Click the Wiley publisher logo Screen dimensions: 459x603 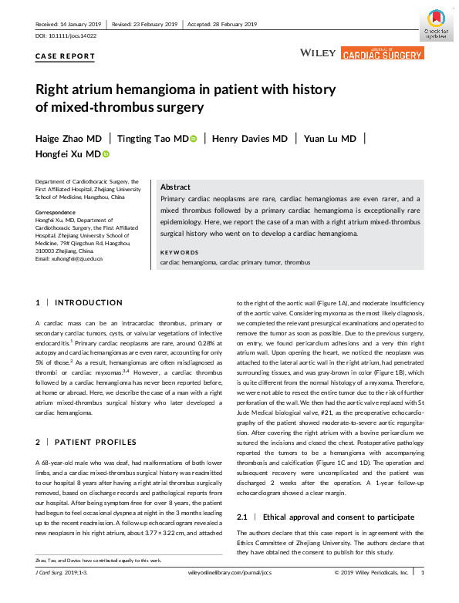[x=317, y=53]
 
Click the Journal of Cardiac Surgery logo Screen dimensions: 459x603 [x=382, y=52]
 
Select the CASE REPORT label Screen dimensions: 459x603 [x=66, y=56]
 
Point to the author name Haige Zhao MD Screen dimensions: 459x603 [x=69, y=139]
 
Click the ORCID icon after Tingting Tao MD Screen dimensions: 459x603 [x=194, y=139]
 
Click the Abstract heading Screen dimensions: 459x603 [x=176, y=187]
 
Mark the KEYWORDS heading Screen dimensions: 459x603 [x=178, y=253]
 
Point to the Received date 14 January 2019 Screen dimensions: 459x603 [x=69, y=25]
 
